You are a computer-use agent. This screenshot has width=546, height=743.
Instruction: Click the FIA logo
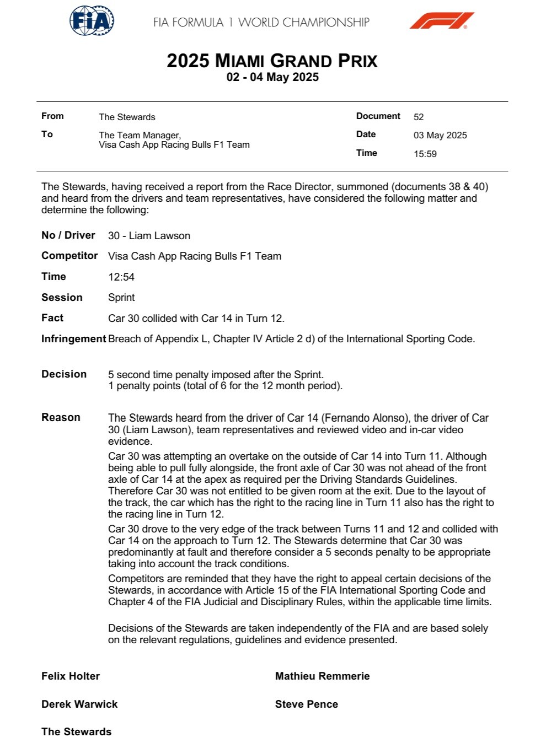pyautogui.click(x=92, y=21)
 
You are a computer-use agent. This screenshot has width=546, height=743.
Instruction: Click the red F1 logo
pyautogui.click(x=441, y=21)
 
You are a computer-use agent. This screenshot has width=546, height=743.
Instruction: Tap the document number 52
pyautogui.click(x=419, y=117)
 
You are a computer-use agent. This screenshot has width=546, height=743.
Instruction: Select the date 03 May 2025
pyautogui.click(x=440, y=135)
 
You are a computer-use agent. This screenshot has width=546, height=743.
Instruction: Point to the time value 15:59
pyautogui.click(x=425, y=154)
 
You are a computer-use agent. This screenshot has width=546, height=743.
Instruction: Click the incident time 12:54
pyautogui.click(x=121, y=277)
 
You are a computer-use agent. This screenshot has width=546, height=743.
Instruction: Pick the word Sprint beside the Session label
pyautogui.click(x=121, y=298)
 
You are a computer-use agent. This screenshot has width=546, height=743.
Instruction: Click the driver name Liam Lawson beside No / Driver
pyautogui.click(x=159, y=236)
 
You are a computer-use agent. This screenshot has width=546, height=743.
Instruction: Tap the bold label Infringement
pyautogui.click(x=73, y=339)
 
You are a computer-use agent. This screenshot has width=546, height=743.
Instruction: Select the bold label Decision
pyautogui.click(x=64, y=374)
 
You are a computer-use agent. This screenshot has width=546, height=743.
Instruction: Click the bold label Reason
pyautogui.click(x=61, y=418)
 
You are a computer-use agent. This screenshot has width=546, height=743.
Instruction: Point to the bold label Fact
pyautogui.click(x=52, y=318)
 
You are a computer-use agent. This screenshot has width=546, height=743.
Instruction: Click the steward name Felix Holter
pyautogui.click(x=71, y=676)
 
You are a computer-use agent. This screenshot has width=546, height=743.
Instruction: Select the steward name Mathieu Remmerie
pyautogui.click(x=322, y=676)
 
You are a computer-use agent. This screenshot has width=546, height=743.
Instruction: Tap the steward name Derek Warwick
pyautogui.click(x=79, y=704)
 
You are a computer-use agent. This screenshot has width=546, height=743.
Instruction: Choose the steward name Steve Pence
pyautogui.click(x=306, y=704)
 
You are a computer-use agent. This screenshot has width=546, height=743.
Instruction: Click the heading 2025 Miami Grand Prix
pyautogui.click(x=272, y=61)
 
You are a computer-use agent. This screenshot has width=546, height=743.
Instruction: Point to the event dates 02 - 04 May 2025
pyautogui.click(x=272, y=77)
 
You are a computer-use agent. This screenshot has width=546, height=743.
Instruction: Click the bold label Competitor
pyautogui.click(x=69, y=256)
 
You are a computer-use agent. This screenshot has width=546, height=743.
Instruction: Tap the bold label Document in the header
pyautogui.click(x=378, y=116)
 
